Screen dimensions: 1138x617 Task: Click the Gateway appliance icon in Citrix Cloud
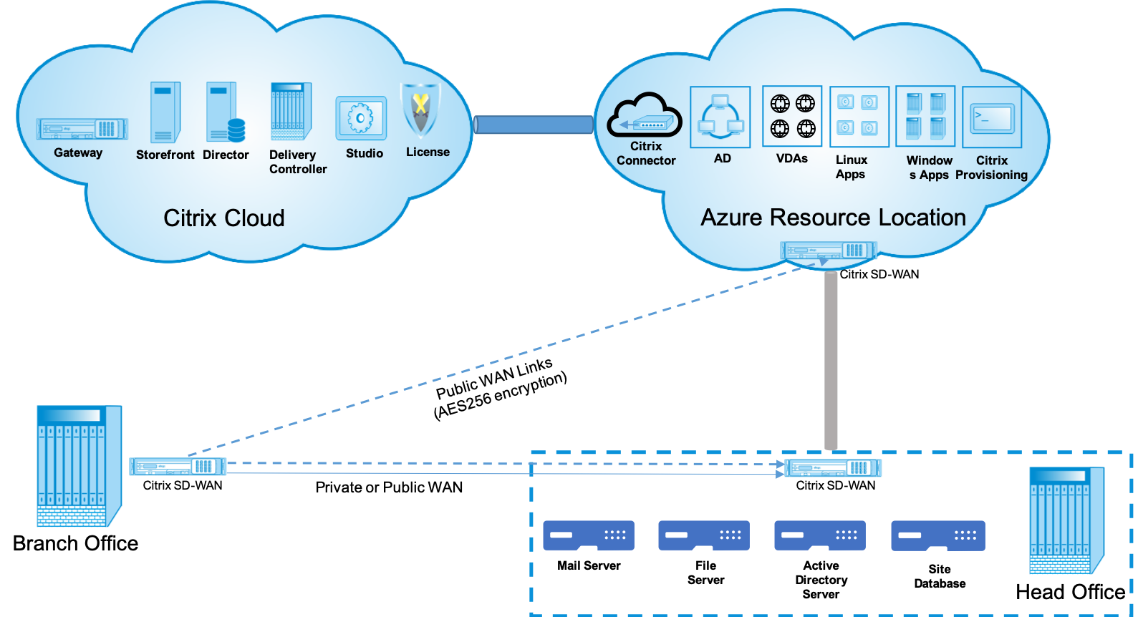[82, 129]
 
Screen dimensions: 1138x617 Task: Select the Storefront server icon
[165, 112]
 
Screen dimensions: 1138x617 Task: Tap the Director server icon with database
[226, 112]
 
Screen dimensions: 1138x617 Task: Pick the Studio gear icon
[361, 118]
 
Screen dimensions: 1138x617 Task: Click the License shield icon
[420, 111]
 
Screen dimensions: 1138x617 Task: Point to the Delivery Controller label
[298, 162]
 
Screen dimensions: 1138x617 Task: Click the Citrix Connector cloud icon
[645, 115]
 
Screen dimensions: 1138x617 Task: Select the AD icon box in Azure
[720, 117]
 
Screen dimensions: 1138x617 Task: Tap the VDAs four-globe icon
[792, 116]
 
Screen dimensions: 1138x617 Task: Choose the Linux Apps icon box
[859, 117]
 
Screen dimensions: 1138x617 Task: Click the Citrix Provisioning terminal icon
[992, 117]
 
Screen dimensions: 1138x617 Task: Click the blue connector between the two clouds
[534, 125]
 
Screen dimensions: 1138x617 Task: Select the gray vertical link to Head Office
[831, 361]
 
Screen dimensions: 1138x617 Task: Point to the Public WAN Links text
[494, 378]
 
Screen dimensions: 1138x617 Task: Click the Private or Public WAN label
[389, 487]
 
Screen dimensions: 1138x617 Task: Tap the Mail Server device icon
[588, 535]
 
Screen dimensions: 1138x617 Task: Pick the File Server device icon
[703, 535]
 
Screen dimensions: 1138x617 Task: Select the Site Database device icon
[938, 535]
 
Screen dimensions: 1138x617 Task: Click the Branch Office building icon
[79, 466]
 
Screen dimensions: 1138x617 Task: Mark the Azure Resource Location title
[833, 218]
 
